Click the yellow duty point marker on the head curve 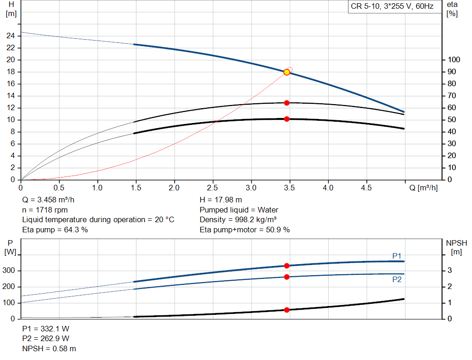coord(287,72)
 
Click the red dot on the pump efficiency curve coord(287,103)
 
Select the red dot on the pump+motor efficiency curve coord(287,119)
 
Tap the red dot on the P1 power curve coord(287,266)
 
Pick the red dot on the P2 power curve coord(287,277)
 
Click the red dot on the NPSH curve coord(287,310)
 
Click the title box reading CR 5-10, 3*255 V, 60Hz coord(391,7)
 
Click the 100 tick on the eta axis coord(454,60)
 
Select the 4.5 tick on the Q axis coord(366,188)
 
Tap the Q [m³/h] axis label coord(423,188)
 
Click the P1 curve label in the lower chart coord(397,255)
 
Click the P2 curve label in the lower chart coord(397,279)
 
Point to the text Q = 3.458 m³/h coord(49,200)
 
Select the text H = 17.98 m coord(221,200)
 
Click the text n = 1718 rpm coord(45,210)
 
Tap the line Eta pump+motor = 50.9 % coord(245,229)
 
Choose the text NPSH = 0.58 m coord(49,348)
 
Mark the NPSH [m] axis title coord(456,247)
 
